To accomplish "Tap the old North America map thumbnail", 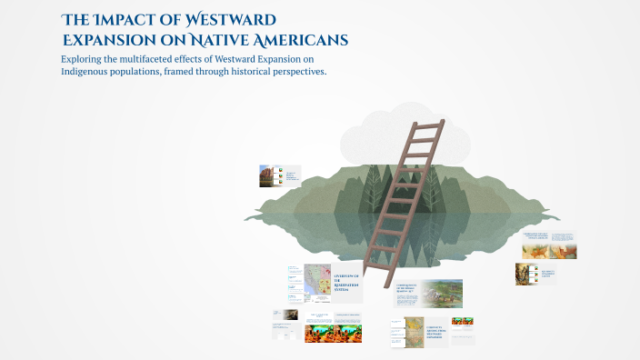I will coord(414,331).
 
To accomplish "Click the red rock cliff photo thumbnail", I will coord(265,175).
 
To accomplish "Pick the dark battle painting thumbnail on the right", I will coord(526,274).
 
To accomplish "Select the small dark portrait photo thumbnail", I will coord(290,315).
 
